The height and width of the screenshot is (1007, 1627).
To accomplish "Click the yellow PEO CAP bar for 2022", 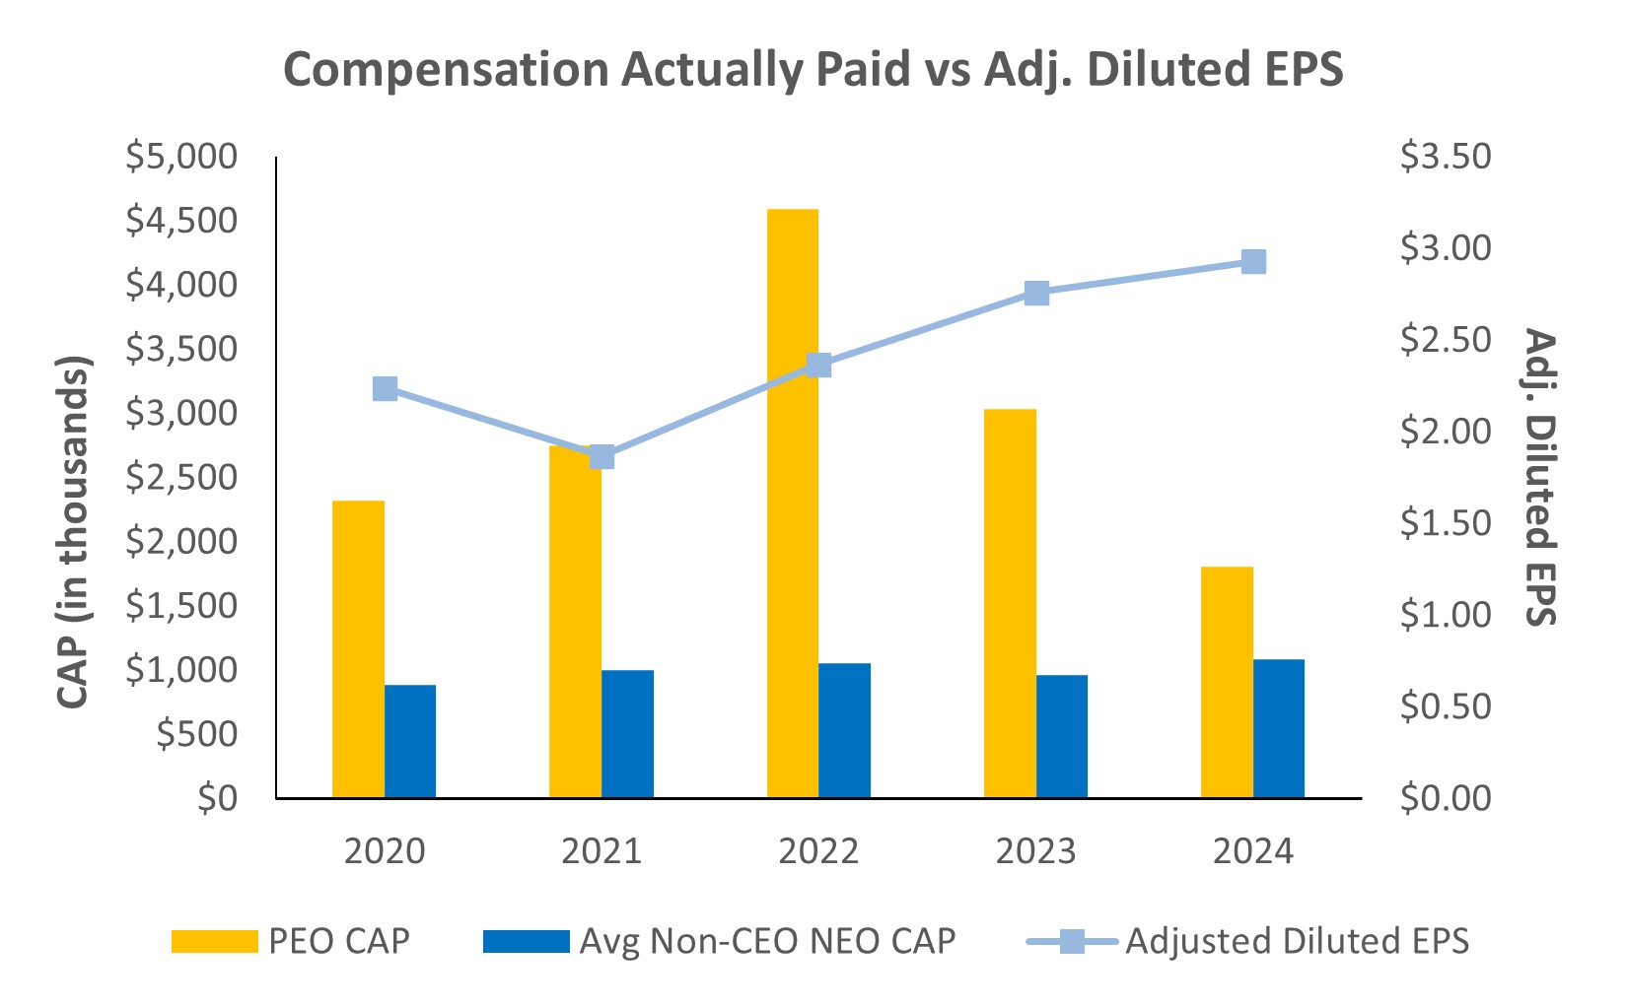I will (793, 503).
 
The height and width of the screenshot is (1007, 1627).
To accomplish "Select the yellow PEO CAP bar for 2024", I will (1227, 682).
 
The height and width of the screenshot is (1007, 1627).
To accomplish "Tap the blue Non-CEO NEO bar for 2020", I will (410, 741).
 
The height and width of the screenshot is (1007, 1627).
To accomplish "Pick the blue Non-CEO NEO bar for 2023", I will (1062, 736).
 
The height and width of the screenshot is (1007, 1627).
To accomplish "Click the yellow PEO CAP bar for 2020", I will (358, 648).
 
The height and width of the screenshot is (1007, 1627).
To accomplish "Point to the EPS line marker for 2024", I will (1253, 261).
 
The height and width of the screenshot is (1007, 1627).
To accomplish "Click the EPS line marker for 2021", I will (602, 456).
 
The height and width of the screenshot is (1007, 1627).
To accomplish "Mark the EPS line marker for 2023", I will (1036, 293).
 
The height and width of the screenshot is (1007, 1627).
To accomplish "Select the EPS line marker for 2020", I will (385, 388).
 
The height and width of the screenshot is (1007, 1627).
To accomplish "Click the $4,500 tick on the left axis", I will (181, 221).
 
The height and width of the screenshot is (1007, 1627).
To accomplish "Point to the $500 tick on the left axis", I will (197, 734).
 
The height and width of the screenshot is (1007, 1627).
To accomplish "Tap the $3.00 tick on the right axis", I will (1446, 248).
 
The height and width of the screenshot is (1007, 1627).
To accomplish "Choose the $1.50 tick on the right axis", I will (1446, 523).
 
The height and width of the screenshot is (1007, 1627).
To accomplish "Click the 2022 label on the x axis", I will (818, 851).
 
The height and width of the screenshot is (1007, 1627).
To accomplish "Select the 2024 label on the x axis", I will (1252, 851).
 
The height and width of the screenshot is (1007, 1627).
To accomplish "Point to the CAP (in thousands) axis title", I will (73, 532).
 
